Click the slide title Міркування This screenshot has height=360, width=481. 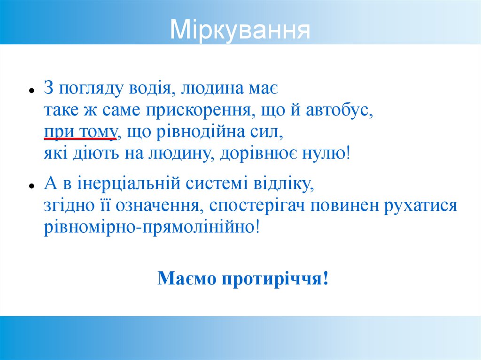pos(240,29)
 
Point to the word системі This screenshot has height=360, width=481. pos(202,184)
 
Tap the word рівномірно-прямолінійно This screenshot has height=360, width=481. pos(150,228)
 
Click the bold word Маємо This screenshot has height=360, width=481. pos(187,279)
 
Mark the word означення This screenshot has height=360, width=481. pos(158,206)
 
